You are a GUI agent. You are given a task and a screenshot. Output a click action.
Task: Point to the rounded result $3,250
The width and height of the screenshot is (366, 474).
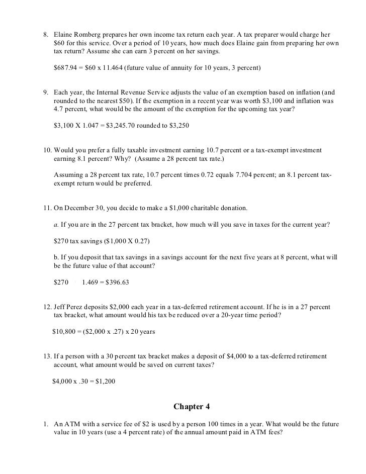[x=177, y=125]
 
